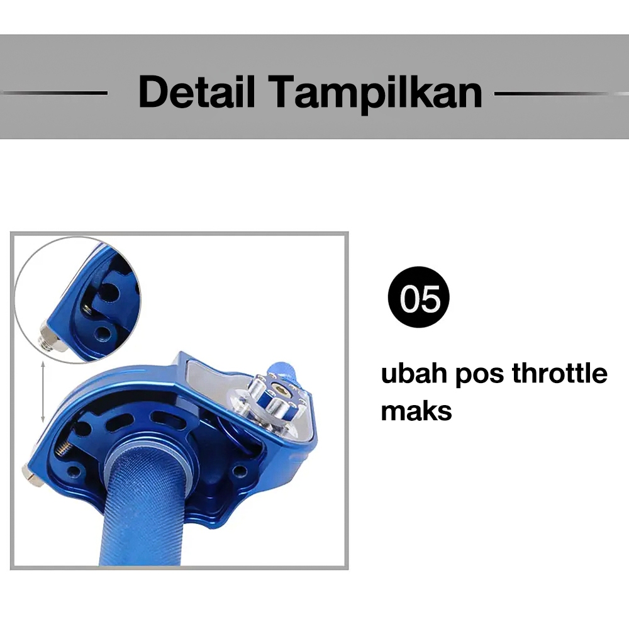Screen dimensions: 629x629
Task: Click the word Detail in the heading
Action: (x=197, y=91)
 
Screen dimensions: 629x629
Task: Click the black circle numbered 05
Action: (x=419, y=297)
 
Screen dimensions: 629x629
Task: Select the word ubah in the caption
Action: (x=414, y=373)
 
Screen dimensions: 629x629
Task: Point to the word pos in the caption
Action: (x=480, y=376)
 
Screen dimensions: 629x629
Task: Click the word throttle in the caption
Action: (x=560, y=373)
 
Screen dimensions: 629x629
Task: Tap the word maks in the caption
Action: (x=416, y=410)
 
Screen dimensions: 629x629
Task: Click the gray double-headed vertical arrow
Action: (x=43, y=392)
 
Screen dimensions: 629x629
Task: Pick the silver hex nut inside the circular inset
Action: (x=51, y=338)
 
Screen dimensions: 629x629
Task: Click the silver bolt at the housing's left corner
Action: (x=32, y=476)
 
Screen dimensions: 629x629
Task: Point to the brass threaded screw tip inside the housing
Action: (x=65, y=448)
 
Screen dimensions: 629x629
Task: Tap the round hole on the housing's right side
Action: (x=240, y=470)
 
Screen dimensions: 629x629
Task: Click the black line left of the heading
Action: (x=54, y=93)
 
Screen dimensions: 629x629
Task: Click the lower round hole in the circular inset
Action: (x=102, y=333)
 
